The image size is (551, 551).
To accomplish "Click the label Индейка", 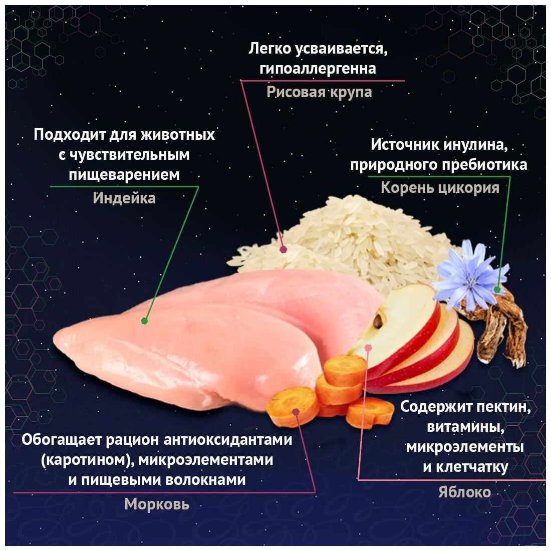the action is click(x=124, y=198).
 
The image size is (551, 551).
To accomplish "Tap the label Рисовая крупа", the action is click(x=319, y=92).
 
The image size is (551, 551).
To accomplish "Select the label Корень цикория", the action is click(x=440, y=187).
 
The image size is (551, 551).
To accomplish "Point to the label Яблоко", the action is click(x=464, y=492).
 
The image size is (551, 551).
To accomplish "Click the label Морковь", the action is click(x=157, y=504).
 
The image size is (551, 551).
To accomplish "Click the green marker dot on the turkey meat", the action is click(x=144, y=321).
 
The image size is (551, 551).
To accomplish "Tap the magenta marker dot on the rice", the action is click(x=283, y=249).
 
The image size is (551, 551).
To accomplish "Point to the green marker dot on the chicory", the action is click(x=497, y=289).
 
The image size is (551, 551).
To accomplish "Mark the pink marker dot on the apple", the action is click(x=368, y=348).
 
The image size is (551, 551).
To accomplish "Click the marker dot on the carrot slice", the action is click(x=296, y=411).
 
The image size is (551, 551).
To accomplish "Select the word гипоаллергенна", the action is click(x=318, y=69).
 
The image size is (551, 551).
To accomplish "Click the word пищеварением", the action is click(x=123, y=175).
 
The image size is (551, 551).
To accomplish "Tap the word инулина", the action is click(x=476, y=145).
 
